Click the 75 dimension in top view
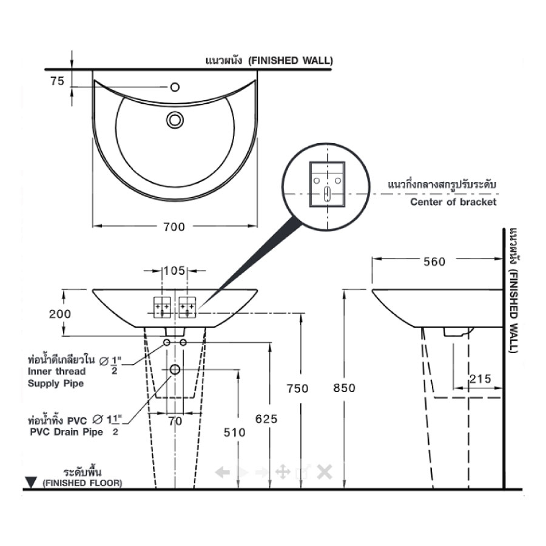click(x=58, y=81)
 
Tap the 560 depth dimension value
click(x=434, y=261)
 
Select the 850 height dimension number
click(x=345, y=388)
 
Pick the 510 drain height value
click(x=235, y=432)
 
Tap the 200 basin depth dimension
click(x=60, y=314)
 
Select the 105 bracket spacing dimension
click(x=175, y=271)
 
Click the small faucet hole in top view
click(x=175, y=87)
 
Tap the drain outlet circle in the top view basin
click(x=175, y=120)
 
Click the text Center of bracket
click(x=453, y=202)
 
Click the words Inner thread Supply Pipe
click(x=56, y=377)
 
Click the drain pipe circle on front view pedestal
click(x=175, y=369)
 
